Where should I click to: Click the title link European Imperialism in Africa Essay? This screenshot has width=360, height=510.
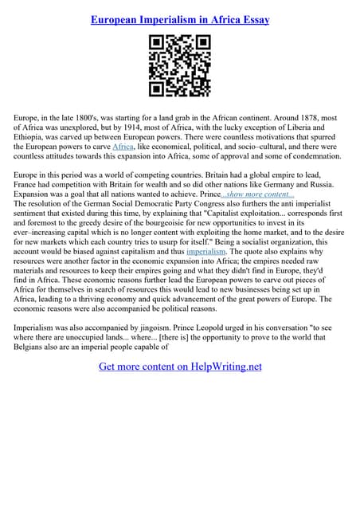click(x=180, y=19)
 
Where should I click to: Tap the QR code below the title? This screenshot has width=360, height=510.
click(x=180, y=66)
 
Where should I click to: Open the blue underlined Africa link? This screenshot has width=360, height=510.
click(x=123, y=147)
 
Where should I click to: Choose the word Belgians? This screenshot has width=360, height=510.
click(x=34, y=347)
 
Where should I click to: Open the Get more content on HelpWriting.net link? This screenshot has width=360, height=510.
click(x=180, y=367)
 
